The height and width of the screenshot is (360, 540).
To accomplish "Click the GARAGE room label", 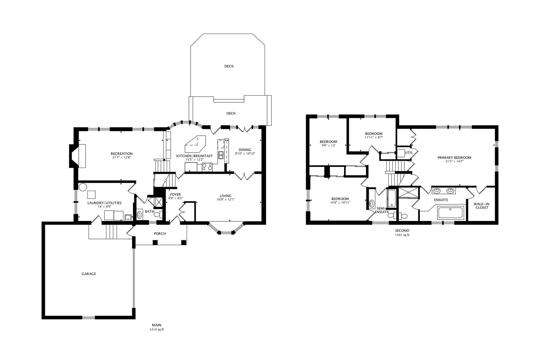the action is (x=89, y=274).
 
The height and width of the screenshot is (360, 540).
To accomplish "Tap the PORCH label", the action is (x=160, y=233).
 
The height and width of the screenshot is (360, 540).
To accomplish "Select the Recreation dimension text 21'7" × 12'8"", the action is (x=121, y=157).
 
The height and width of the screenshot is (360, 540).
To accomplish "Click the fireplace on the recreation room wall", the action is (x=78, y=156).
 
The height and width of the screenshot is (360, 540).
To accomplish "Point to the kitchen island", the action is (x=195, y=144).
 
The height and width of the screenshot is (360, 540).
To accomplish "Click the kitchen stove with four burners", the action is (x=207, y=167).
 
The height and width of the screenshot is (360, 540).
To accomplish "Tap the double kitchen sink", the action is (x=221, y=155).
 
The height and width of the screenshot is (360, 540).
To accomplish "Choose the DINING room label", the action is (x=245, y=150).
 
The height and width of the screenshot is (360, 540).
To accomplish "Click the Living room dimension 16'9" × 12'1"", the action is (x=226, y=199).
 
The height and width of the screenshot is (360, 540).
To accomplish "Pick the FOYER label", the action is (x=175, y=195).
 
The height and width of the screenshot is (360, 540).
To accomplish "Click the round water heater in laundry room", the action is (x=83, y=187).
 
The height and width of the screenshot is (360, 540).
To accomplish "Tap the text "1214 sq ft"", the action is (x=156, y=330).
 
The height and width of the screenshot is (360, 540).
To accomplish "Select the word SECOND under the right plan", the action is (x=402, y=231).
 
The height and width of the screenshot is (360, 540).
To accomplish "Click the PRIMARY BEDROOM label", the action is (x=454, y=158).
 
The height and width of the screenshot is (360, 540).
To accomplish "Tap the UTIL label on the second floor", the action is (x=409, y=153).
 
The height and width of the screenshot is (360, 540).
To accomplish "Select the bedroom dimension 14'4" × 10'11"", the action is (x=340, y=203).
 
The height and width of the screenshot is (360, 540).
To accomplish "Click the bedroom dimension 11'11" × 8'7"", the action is (x=374, y=137).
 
